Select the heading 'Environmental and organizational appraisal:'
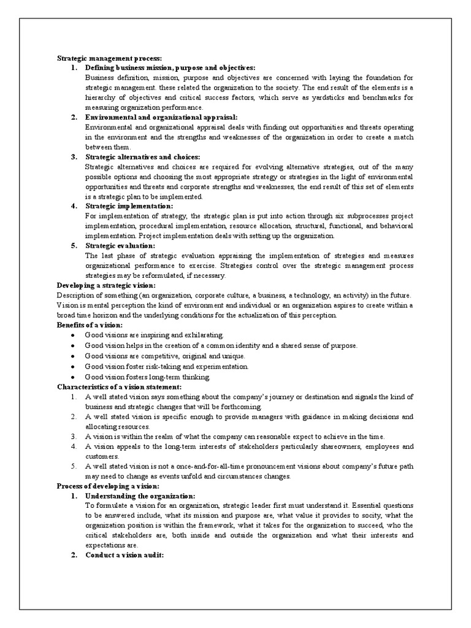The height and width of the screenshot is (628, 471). coord(161,117)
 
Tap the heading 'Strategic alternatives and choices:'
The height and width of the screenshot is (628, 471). coord(143,157)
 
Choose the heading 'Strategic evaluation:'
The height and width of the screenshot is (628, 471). coord(120,245)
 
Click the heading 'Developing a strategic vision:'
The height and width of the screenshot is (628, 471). coord(106,285)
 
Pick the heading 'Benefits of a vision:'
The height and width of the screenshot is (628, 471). coord(90,324)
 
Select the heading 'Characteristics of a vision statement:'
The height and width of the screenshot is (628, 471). coord(119,387)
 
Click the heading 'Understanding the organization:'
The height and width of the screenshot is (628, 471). coord(140,496)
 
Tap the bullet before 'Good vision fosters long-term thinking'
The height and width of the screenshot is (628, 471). coord(73,377)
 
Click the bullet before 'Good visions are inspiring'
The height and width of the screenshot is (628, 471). coord(73,335)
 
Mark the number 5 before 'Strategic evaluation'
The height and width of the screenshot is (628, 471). coord(73,245)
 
